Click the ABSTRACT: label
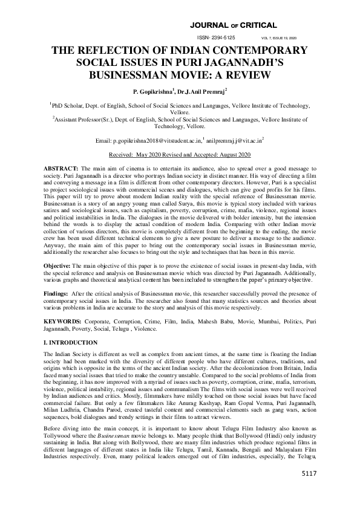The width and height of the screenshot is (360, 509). coord(62,166)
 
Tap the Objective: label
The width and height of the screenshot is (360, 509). coord(60,267)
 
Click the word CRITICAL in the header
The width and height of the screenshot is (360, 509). coord(257,25)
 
